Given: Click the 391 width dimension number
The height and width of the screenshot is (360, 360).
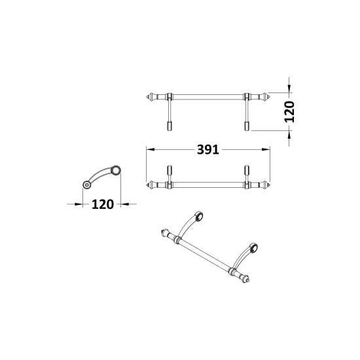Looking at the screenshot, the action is [208, 150].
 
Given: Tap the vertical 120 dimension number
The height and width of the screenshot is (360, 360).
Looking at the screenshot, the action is [289, 111].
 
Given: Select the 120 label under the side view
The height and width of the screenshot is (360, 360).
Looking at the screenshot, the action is [103, 204].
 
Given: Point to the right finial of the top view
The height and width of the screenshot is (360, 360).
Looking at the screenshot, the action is [265, 97].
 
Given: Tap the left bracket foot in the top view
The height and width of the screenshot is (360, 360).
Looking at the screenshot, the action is [170, 126].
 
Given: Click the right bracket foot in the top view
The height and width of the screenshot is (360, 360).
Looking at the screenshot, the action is [247, 126].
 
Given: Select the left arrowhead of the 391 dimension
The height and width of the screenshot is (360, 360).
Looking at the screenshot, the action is [150, 149].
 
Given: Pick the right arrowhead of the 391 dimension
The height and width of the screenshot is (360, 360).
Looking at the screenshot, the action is [266, 149].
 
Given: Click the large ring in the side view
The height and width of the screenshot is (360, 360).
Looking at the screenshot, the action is [116, 170].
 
